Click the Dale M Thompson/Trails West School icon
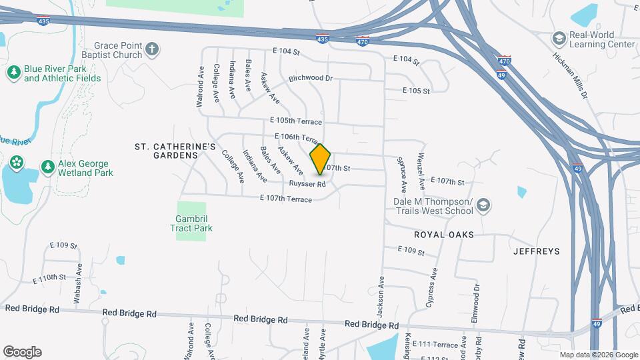tap(485, 206)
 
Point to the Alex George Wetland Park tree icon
tap(47, 167)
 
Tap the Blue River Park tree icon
tap(13, 73)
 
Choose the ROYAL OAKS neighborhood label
tap(444, 235)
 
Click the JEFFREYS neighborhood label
tap(537, 251)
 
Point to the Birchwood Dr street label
tap(310, 78)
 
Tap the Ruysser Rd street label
tap(307, 183)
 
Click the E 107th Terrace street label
tap(286, 199)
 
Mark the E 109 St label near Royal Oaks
tap(411, 251)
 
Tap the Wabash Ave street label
tap(78, 284)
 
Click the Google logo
tap(22, 351)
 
